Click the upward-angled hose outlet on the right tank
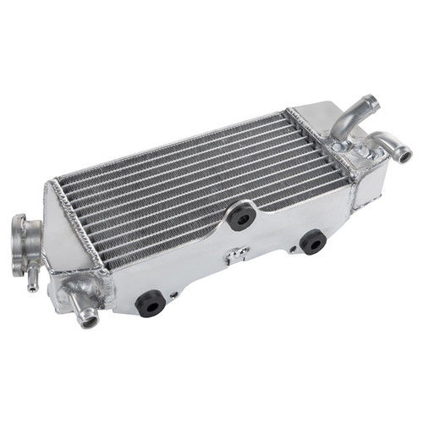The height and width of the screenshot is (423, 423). [349, 118]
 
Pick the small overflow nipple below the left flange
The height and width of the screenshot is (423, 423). [32, 278]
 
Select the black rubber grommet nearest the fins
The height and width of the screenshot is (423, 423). [242, 217]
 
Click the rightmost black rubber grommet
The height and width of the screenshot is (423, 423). [313, 242]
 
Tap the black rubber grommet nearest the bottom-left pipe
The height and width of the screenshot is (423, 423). [151, 301]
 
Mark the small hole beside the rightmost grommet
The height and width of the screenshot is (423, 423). [293, 250]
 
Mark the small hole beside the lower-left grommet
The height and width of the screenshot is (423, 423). [173, 294]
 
